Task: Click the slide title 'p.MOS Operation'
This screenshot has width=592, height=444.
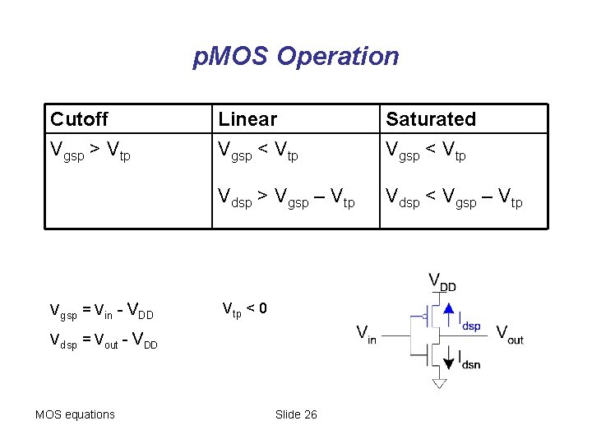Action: (x=296, y=57)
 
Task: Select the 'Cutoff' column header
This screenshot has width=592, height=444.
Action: (x=79, y=119)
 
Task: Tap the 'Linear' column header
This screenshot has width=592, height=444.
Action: (x=247, y=119)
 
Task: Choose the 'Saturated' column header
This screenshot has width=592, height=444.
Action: (x=431, y=119)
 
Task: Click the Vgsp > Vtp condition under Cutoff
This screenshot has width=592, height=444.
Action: (x=90, y=151)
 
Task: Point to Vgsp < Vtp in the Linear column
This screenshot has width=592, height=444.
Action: (x=258, y=151)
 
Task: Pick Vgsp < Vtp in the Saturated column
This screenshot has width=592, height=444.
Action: (x=426, y=151)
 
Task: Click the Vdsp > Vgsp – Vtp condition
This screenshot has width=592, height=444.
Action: (x=286, y=198)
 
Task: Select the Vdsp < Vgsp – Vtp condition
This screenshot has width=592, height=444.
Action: (x=454, y=198)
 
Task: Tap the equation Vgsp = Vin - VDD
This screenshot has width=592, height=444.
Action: (x=101, y=311)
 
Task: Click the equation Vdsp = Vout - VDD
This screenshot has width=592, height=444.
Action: (x=104, y=339)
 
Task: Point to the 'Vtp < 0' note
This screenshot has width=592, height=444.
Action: (x=245, y=309)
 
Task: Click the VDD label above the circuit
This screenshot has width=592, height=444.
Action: (x=442, y=281)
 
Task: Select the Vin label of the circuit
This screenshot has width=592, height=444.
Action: (x=366, y=334)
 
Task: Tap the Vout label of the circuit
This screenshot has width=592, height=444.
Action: (x=510, y=334)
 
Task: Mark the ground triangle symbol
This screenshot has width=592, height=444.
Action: (x=439, y=383)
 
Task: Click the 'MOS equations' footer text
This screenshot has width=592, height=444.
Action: (x=75, y=414)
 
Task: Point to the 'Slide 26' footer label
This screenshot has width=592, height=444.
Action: (x=296, y=414)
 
